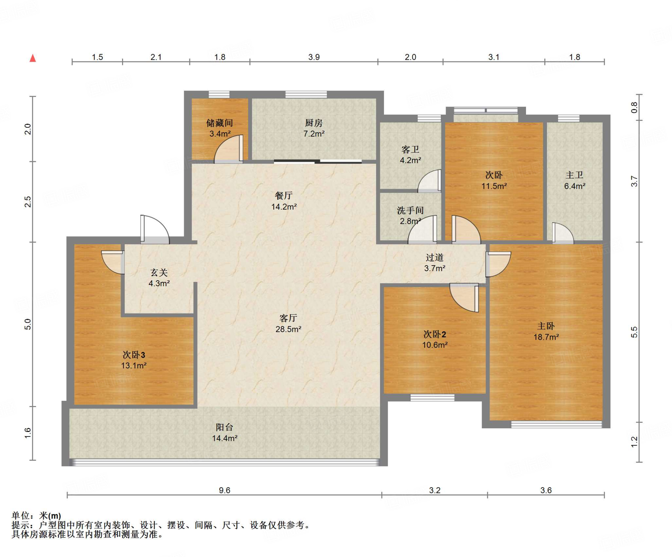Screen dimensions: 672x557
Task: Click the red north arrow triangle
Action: tap(33, 58)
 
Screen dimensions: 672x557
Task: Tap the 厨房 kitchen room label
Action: tap(314, 123)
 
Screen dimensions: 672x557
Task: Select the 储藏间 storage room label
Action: tap(220, 123)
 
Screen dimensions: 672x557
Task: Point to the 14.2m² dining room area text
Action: tap(284, 207)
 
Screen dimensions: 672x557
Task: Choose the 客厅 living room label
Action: tap(288, 318)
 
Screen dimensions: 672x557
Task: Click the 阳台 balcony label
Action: tap(224, 427)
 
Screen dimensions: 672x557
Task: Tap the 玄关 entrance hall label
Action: tap(159, 272)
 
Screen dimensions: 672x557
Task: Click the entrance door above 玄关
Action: tap(155, 229)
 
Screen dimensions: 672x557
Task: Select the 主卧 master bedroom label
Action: tap(546, 326)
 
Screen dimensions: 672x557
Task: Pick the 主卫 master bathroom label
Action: tap(574, 175)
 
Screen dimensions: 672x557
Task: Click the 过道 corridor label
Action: tap(434, 258)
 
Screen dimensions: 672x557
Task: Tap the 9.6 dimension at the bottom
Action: tap(224, 490)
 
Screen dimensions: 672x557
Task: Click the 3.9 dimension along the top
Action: tap(314, 57)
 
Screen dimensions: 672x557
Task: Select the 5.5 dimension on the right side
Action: tap(634, 332)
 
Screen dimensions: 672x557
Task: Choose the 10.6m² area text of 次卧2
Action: tap(435, 345)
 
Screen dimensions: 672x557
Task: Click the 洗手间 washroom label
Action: tap(410, 210)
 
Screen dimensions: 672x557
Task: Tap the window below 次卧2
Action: tap(432, 397)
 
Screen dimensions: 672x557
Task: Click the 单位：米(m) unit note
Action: tap(36, 516)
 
